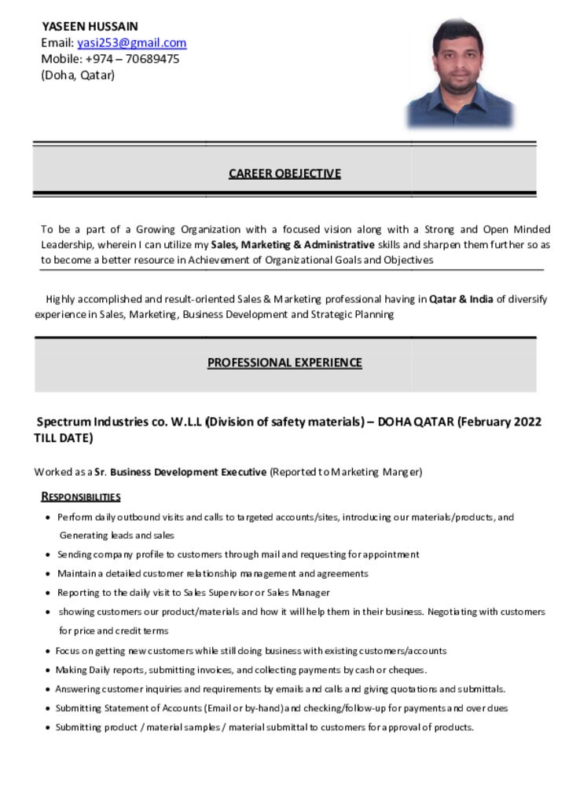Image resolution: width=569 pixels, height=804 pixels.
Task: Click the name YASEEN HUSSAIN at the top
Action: coord(90,27)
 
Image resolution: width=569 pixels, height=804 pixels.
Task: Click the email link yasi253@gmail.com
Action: coord(131,43)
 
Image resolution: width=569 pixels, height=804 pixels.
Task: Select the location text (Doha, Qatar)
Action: coord(78,75)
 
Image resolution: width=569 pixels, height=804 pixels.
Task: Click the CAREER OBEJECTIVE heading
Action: coord(284,174)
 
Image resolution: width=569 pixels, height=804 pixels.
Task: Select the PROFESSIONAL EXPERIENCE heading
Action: coord(284,363)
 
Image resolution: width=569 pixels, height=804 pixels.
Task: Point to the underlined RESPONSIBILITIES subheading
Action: coord(81,497)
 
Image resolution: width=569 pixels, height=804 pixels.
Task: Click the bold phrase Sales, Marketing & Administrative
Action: coord(292,245)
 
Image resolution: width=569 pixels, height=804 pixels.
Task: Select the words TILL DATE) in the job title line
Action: coord(64,438)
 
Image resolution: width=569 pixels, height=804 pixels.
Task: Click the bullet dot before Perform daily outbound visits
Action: coord(49,518)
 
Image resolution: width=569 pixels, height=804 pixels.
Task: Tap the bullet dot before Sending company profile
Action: coord(49,555)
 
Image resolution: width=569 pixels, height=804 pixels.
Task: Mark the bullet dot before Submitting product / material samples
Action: coord(49,728)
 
